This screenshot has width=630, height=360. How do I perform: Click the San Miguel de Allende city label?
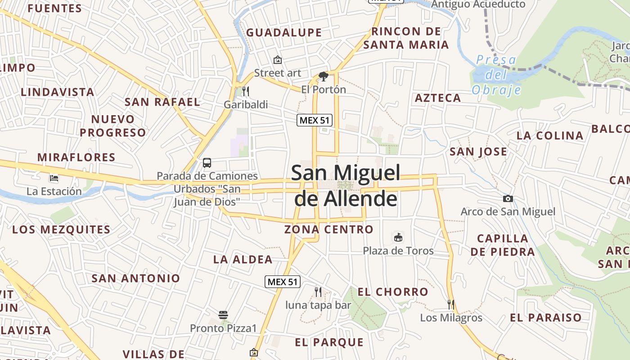click(346, 185)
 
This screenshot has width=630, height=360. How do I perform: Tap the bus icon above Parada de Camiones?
click(207, 163)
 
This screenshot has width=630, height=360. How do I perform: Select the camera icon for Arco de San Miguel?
click(508, 198)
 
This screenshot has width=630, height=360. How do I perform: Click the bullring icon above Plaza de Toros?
click(398, 237)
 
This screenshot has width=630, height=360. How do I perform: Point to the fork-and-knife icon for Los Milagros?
click(451, 304)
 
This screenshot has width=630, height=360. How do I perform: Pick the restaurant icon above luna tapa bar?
click(318, 292)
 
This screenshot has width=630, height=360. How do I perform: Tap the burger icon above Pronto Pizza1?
click(223, 315)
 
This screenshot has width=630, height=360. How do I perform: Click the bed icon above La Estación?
click(54, 178)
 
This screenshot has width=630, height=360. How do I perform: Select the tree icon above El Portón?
click(323, 76)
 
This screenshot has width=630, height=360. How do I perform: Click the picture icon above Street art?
click(278, 59)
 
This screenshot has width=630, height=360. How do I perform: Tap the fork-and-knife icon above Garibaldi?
click(245, 91)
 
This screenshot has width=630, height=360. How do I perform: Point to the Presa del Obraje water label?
click(496, 75)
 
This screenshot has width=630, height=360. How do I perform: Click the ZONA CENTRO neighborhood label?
click(329, 229)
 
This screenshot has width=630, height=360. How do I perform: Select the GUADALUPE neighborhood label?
click(284, 32)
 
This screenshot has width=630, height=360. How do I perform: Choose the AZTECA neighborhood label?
click(438, 98)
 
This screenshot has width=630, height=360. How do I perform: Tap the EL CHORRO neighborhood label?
click(393, 292)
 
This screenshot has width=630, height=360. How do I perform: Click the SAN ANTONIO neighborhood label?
click(136, 278)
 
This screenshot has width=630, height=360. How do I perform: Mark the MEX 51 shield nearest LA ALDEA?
click(282, 282)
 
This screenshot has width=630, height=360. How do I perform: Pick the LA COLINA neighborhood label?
click(550, 135)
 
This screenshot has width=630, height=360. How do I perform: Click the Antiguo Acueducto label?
click(478, 4)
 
